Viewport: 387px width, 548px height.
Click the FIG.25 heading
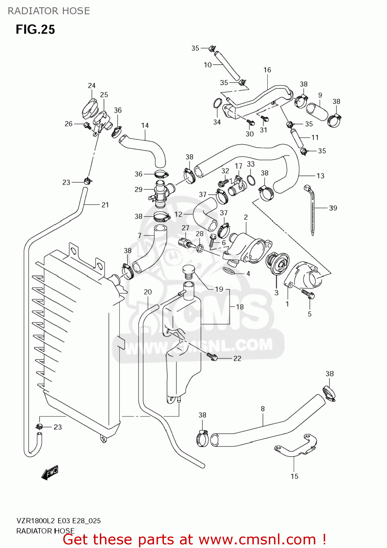click(35, 29)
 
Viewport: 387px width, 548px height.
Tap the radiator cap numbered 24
click(90, 109)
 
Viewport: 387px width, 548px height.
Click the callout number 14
click(145, 125)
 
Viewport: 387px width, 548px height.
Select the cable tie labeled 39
click(312, 210)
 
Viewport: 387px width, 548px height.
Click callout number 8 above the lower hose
click(263, 409)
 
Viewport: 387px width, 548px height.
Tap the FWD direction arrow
click(50, 473)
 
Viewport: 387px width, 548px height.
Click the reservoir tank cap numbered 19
click(188, 270)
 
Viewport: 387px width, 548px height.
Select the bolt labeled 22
click(212, 356)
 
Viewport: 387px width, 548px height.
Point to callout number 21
click(105, 205)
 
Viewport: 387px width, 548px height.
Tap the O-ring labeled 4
click(229, 271)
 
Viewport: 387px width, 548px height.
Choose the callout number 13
click(320, 176)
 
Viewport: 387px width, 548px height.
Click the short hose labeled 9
click(317, 111)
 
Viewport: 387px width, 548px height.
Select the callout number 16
click(267, 70)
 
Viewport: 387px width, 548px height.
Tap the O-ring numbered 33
click(251, 180)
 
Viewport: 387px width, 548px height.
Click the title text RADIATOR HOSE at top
click(49, 11)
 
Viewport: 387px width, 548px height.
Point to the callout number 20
click(148, 292)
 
